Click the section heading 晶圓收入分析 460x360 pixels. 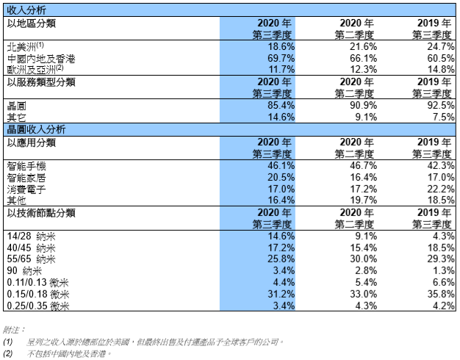[36, 130]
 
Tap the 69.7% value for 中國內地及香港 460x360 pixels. [281, 58]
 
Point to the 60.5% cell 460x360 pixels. [441, 58]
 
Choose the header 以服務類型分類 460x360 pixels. [41, 82]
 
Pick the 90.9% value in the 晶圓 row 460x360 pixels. [363, 105]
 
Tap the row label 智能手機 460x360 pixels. [26, 166]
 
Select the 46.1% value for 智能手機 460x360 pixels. [281, 165]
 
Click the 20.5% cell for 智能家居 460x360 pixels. [281, 177]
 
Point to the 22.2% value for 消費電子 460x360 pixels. [441, 189]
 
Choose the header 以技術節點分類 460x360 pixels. [41, 213]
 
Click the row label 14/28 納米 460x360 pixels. [31, 237]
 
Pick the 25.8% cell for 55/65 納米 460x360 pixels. [281, 259]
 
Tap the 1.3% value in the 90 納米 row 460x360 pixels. [444, 270]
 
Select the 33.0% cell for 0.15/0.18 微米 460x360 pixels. [363, 294]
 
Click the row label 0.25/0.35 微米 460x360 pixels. [38, 306]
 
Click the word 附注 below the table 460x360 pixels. [12, 330]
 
